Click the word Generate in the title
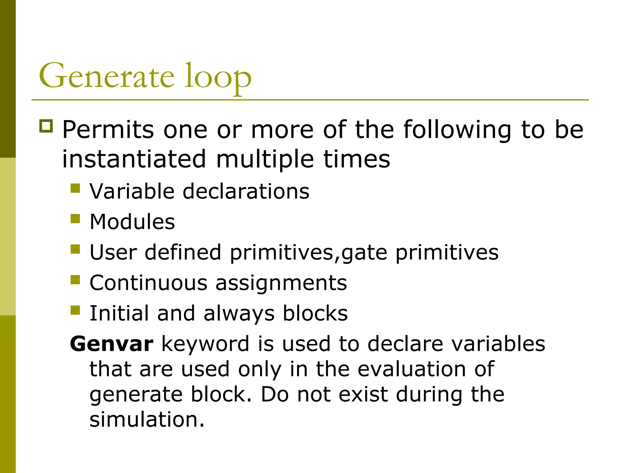(x=107, y=76)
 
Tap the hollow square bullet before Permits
(x=46, y=126)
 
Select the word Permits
(x=108, y=130)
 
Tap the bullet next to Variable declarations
(x=75, y=188)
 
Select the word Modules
(x=132, y=222)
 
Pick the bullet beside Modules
(x=75, y=218)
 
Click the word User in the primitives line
(x=113, y=252)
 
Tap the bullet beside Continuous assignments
(x=75, y=279)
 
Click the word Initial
(x=119, y=313)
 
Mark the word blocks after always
(x=315, y=313)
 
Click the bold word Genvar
(x=112, y=344)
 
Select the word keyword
(x=205, y=344)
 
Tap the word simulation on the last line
(x=147, y=419)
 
